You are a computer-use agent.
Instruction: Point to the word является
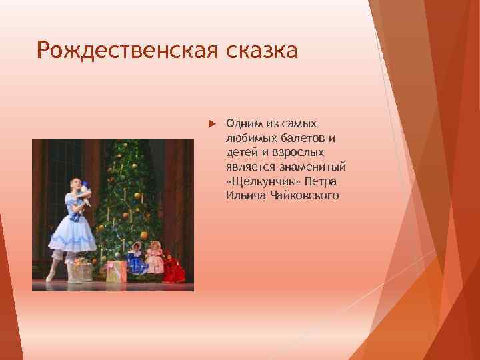[x=249, y=167]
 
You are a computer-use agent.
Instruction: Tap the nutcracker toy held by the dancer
[x=85, y=193]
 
